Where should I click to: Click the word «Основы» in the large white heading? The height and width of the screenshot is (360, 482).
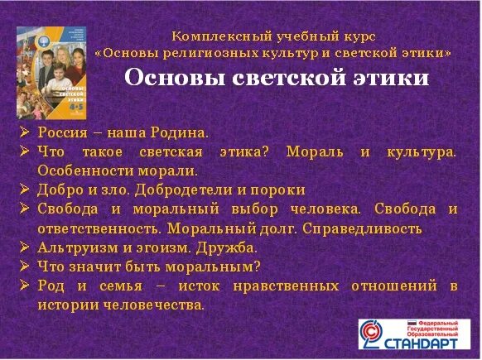click(x=165, y=78)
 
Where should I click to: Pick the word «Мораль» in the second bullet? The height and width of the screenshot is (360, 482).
click(x=312, y=152)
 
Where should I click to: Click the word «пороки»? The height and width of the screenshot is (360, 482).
click(x=280, y=190)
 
